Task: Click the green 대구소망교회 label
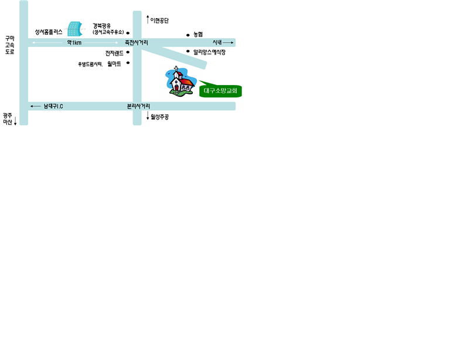pyautogui.click(x=220, y=91)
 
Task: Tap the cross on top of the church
pyautogui.click(x=176, y=69)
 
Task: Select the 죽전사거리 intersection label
pyautogui.click(x=137, y=43)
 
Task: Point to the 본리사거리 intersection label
pyautogui.click(x=138, y=106)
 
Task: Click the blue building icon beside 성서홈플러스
pyautogui.click(x=75, y=29)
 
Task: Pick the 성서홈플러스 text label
pyautogui.click(x=49, y=32)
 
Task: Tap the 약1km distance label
pyautogui.click(x=74, y=43)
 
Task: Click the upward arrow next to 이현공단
pyautogui.click(x=148, y=19)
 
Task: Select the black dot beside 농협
pyautogui.click(x=188, y=35)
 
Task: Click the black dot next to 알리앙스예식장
pyautogui.click(x=188, y=52)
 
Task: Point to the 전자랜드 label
pyautogui.click(x=114, y=53)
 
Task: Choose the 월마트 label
pyautogui.click(x=114, y=64)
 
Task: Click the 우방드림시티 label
pyautogui.click(x=90, y=64)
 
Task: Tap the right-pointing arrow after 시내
pyautogui.click(x=228, y=42)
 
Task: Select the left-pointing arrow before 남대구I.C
pyautogui.click(x=36, y=106)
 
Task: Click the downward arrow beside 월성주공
pyautogui.click(x=148, y=116)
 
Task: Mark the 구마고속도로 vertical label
pyautogui.click(x=10, y=45)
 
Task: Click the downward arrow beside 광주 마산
pyautogui.click(x=15, y=121)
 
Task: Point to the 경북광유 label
pyautogui.click(x=101, y=26)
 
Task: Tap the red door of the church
pyautogui.click(x=176, y=87)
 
